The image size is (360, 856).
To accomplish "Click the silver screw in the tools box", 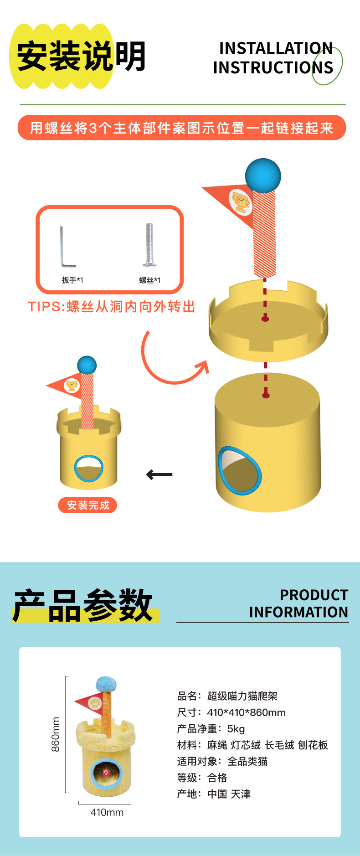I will pos(149,244).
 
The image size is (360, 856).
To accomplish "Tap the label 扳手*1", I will pos(72,280).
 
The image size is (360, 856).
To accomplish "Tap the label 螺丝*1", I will pos(150,280).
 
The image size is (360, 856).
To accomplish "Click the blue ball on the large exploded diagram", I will pos(263,175).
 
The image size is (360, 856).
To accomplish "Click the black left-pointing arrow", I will pos(159,474).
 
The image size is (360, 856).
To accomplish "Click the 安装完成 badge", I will pos(87,505).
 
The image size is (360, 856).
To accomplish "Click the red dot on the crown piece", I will pos(265,318).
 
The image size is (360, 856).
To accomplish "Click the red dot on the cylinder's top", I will pos(266,395).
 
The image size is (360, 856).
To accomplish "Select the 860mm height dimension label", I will pos(55,734).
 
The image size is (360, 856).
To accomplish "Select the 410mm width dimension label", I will pos(107,812).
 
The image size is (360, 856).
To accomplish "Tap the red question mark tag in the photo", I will pos(106,773).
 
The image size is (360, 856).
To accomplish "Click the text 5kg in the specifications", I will pos(236,728).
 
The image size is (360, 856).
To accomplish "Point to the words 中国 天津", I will pos(229,794).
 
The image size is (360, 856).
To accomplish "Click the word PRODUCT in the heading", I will pos(314,595).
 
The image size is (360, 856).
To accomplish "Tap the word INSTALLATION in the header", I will pos(276,48).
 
